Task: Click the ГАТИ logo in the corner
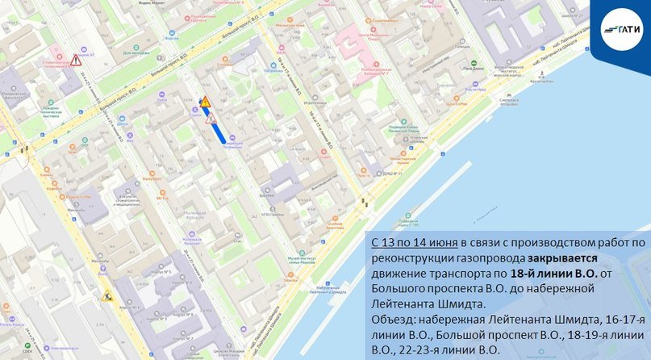(621, 31)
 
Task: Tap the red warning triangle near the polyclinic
(76, 60)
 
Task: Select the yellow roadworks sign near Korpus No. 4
(105, 295)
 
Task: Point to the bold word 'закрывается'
(563, 258)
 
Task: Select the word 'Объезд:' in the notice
(393, 320)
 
